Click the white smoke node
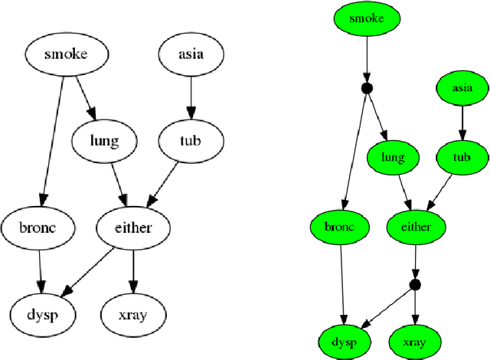pos(65,54)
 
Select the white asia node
pos(191,54)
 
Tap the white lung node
pos(103,141)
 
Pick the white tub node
pos(191,141)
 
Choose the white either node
pos(133,227)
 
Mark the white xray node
pos(133,314)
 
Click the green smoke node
pos(366,18)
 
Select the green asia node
pos(462,88)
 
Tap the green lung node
pos(393,158)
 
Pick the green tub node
pos(462,158)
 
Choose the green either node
pos(416,227)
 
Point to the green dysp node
pos(345,339)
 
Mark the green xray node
pos(416,339)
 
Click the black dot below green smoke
pos(366,89)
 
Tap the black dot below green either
pos(415,284)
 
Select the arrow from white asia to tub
pos(191,97)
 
